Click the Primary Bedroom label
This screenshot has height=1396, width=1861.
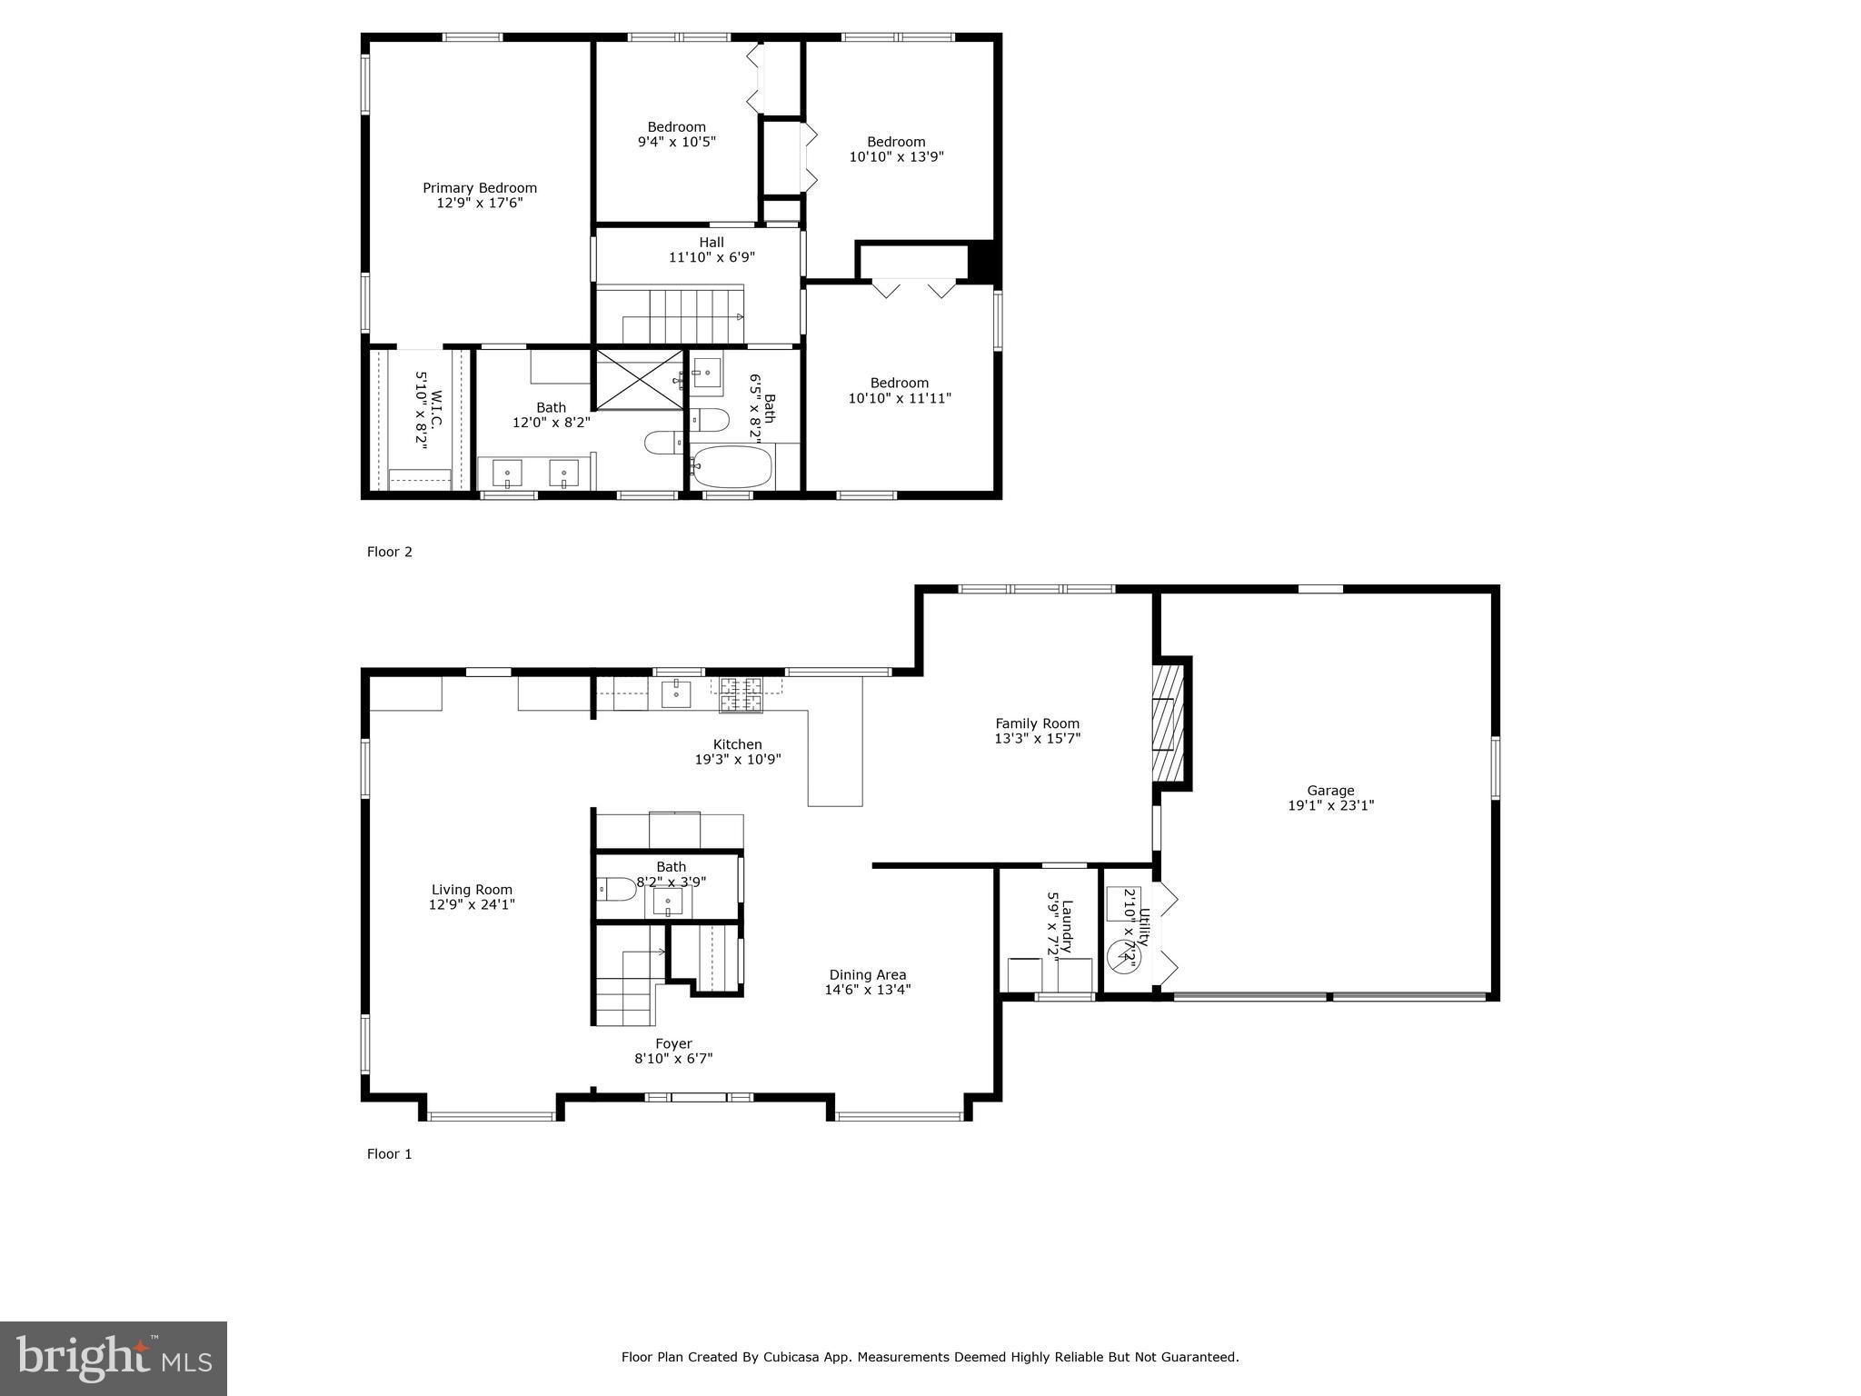point(479,188)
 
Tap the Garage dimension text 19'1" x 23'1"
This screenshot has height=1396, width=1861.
point(1330,805)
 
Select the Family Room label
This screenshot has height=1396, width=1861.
point(1037,723)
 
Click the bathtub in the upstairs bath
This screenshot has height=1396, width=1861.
point(731,467)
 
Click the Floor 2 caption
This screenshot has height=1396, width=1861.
point(389,552)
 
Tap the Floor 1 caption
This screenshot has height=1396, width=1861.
point(389,1154)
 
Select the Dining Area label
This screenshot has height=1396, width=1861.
point(867,975)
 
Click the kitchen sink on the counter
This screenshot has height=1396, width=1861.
point(676,693)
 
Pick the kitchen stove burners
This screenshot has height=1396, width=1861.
point(741,695)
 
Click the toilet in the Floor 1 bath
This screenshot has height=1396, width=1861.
point(617,889)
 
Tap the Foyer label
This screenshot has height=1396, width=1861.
point(673,1044)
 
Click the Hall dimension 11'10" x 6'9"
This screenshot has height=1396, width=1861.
point(712,257)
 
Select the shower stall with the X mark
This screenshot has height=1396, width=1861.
point(638,380)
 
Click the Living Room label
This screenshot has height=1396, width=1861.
point(472,890)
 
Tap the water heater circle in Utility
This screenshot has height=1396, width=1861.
point(1122,958)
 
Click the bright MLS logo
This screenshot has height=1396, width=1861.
point(114,1358)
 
